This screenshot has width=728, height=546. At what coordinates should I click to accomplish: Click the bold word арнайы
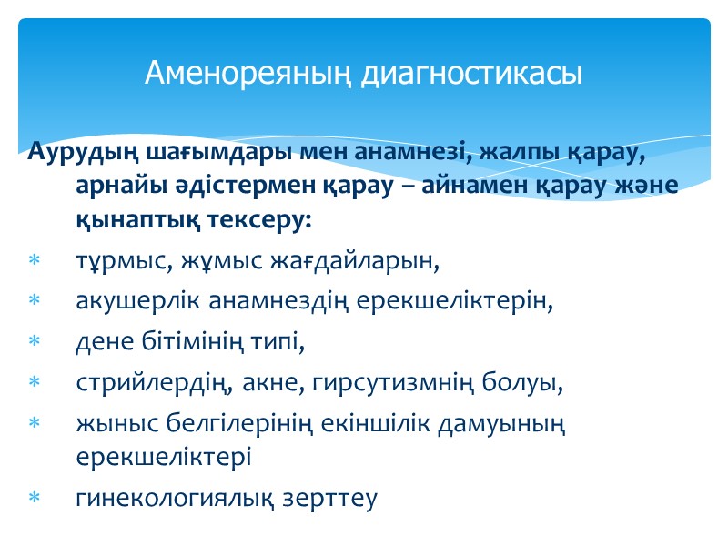point(116,186)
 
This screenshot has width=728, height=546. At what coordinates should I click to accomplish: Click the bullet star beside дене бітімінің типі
point(35,342)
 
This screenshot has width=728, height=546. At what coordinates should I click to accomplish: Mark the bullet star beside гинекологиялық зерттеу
point(35,498)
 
